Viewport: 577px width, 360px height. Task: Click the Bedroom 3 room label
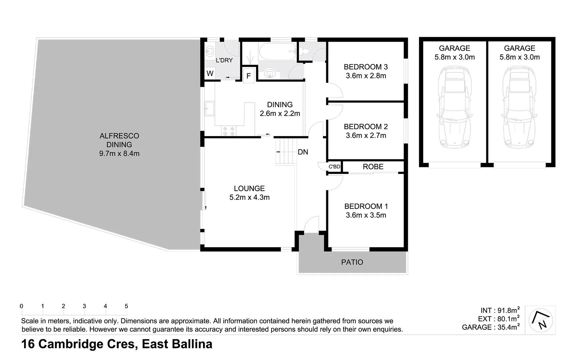(366, 67)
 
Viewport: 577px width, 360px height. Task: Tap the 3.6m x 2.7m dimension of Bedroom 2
(366, 136)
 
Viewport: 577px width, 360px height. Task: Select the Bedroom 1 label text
(366, 206)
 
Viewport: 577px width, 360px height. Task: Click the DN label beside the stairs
(303, 152)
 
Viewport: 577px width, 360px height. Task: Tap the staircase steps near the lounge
(285, 152)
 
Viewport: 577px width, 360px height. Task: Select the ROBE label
(373, 167)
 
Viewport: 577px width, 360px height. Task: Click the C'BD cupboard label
(334, 167)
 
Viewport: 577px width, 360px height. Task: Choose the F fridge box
(248, 76)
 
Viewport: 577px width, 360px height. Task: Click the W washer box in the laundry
(210, 73)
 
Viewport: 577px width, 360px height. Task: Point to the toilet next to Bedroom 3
(305, 51)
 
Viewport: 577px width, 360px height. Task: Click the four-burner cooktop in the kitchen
(229, 131)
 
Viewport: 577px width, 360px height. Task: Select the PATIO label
(352, 262)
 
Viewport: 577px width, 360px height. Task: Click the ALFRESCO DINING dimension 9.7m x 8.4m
(119, 154)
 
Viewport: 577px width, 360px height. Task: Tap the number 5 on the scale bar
(126, 306)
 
